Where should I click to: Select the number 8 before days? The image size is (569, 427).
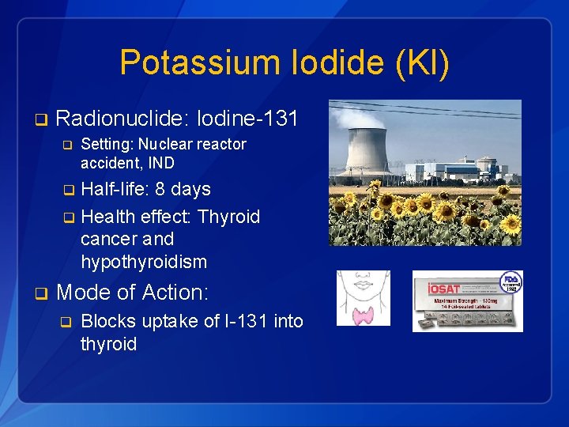(x=160, y=190)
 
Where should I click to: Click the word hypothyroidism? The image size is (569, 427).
(x=144, y=262)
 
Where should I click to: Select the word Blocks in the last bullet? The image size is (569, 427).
(x=107, y=322)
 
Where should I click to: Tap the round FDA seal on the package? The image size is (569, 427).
(x=511, y=283)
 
